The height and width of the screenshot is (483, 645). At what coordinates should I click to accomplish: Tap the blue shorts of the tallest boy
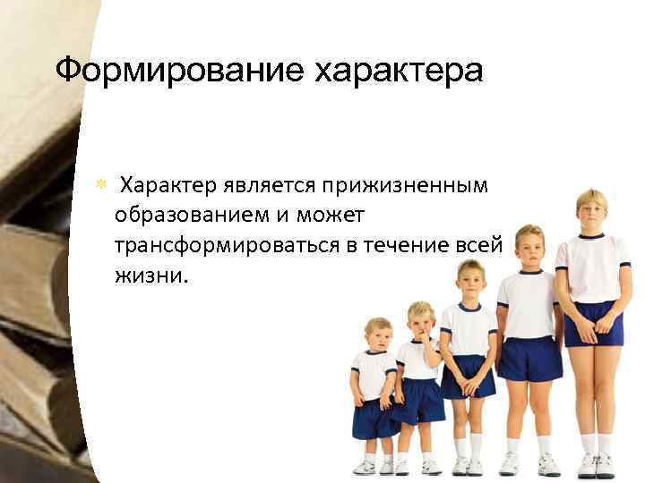(x=592, y=323)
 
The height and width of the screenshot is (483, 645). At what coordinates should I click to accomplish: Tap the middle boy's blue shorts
(x=467, y=376)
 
